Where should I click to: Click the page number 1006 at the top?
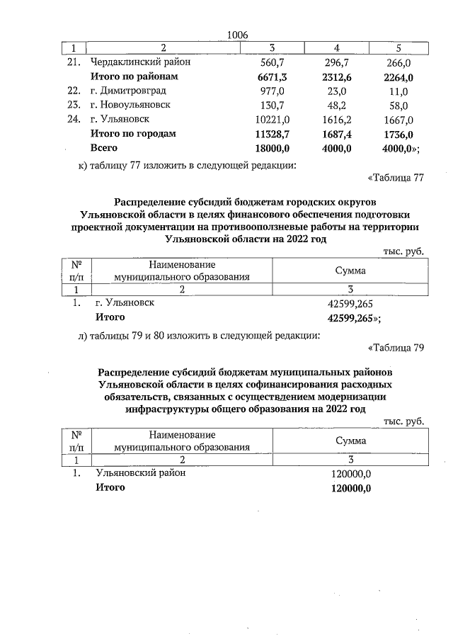(239, 35)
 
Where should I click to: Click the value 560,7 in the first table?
(272, 62)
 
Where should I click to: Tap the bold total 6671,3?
(272, 76)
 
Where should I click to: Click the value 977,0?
(272, 91)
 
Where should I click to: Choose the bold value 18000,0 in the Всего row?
(272, 148)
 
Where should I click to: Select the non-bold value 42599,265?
(351, 303)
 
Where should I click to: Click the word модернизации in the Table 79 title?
(345, 397)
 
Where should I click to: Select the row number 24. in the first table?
(71, 120)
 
